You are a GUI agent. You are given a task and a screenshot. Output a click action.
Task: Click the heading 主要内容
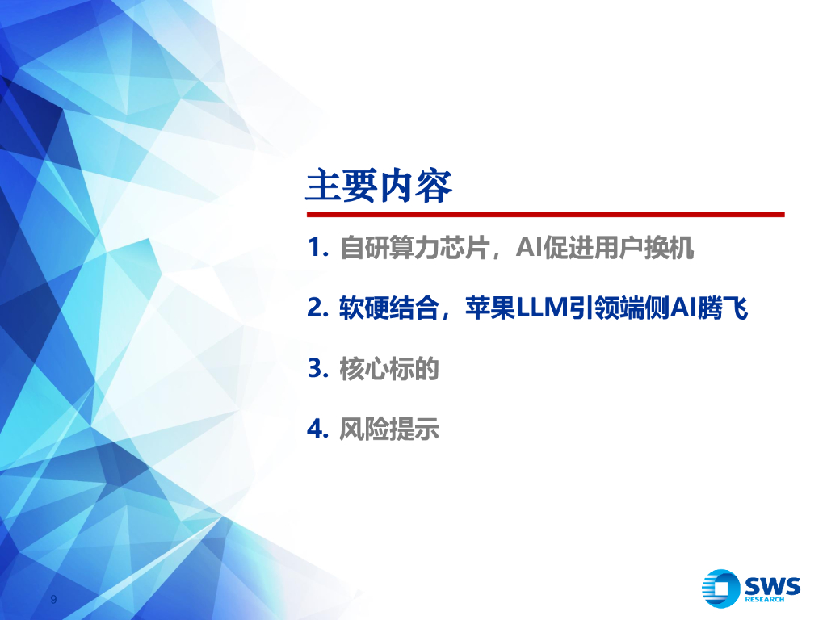pos(379,186)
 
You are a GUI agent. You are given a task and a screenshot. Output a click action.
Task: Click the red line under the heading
pos(544,215)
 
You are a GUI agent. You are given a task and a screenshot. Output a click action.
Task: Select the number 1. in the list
pos(318,249)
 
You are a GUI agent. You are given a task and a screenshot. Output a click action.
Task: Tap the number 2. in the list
pos(318,308)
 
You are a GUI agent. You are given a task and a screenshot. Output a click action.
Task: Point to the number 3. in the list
pos(318,369)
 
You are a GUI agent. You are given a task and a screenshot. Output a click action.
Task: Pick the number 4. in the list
pos(318,429)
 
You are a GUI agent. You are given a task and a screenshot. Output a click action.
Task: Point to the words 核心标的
pos(389,369)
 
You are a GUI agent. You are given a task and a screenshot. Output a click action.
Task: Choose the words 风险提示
pos(389,429)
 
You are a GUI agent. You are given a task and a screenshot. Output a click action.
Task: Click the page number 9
pos(53,599)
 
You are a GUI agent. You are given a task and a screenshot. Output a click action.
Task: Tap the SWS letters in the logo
pos(772,584)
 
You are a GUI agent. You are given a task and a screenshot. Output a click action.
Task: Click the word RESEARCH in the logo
pos(764,599)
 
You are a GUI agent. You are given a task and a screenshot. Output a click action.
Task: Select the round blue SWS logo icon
pos(721,589)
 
